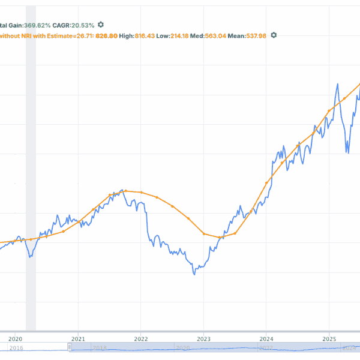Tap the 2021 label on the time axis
point(78,338)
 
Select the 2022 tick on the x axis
point(141,338)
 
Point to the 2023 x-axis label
point(203,338)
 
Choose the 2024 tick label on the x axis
point(266,338)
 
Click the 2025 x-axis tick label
point(329,338)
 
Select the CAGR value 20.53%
point(83,25)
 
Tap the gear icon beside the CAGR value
point(101,25)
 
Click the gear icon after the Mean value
point(274,35)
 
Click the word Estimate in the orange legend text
point(60,35)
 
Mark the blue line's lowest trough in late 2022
point(194,274)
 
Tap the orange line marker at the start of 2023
point(204,233)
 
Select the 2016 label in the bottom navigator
point(16,347)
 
